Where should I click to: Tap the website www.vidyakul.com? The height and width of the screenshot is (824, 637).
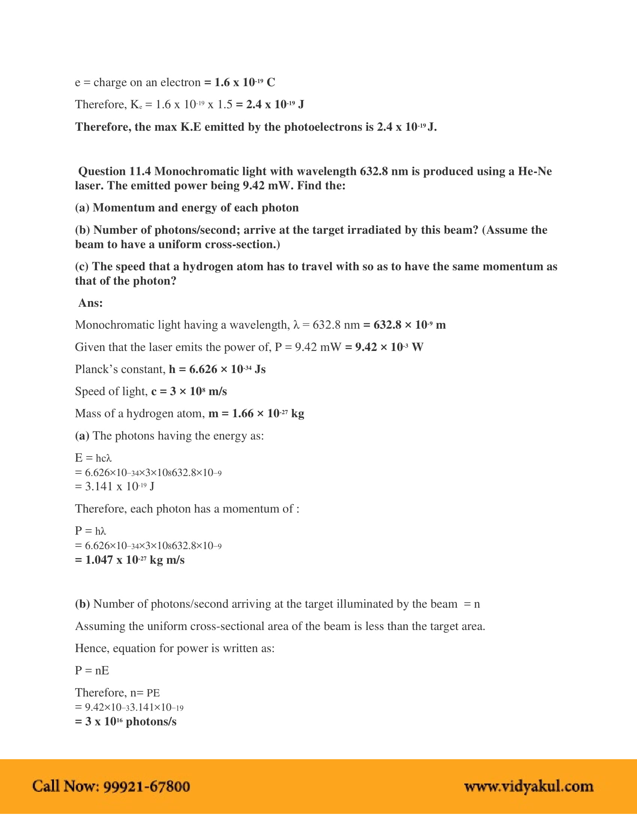[529, 787]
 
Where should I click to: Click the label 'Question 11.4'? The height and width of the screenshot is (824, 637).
[114, 171]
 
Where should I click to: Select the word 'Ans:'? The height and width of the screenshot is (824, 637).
[91, 303]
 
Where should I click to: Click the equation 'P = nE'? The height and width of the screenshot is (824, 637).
[92, 670]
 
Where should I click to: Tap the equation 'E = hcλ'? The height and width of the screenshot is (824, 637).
[93, 458]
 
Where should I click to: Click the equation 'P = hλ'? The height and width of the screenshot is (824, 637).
[91, 531]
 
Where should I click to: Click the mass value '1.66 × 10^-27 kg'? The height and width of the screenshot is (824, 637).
[268, 413]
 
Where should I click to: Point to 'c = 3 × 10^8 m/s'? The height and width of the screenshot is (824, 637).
[189, 391]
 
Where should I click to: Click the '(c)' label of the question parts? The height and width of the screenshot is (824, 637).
[82, 266]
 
